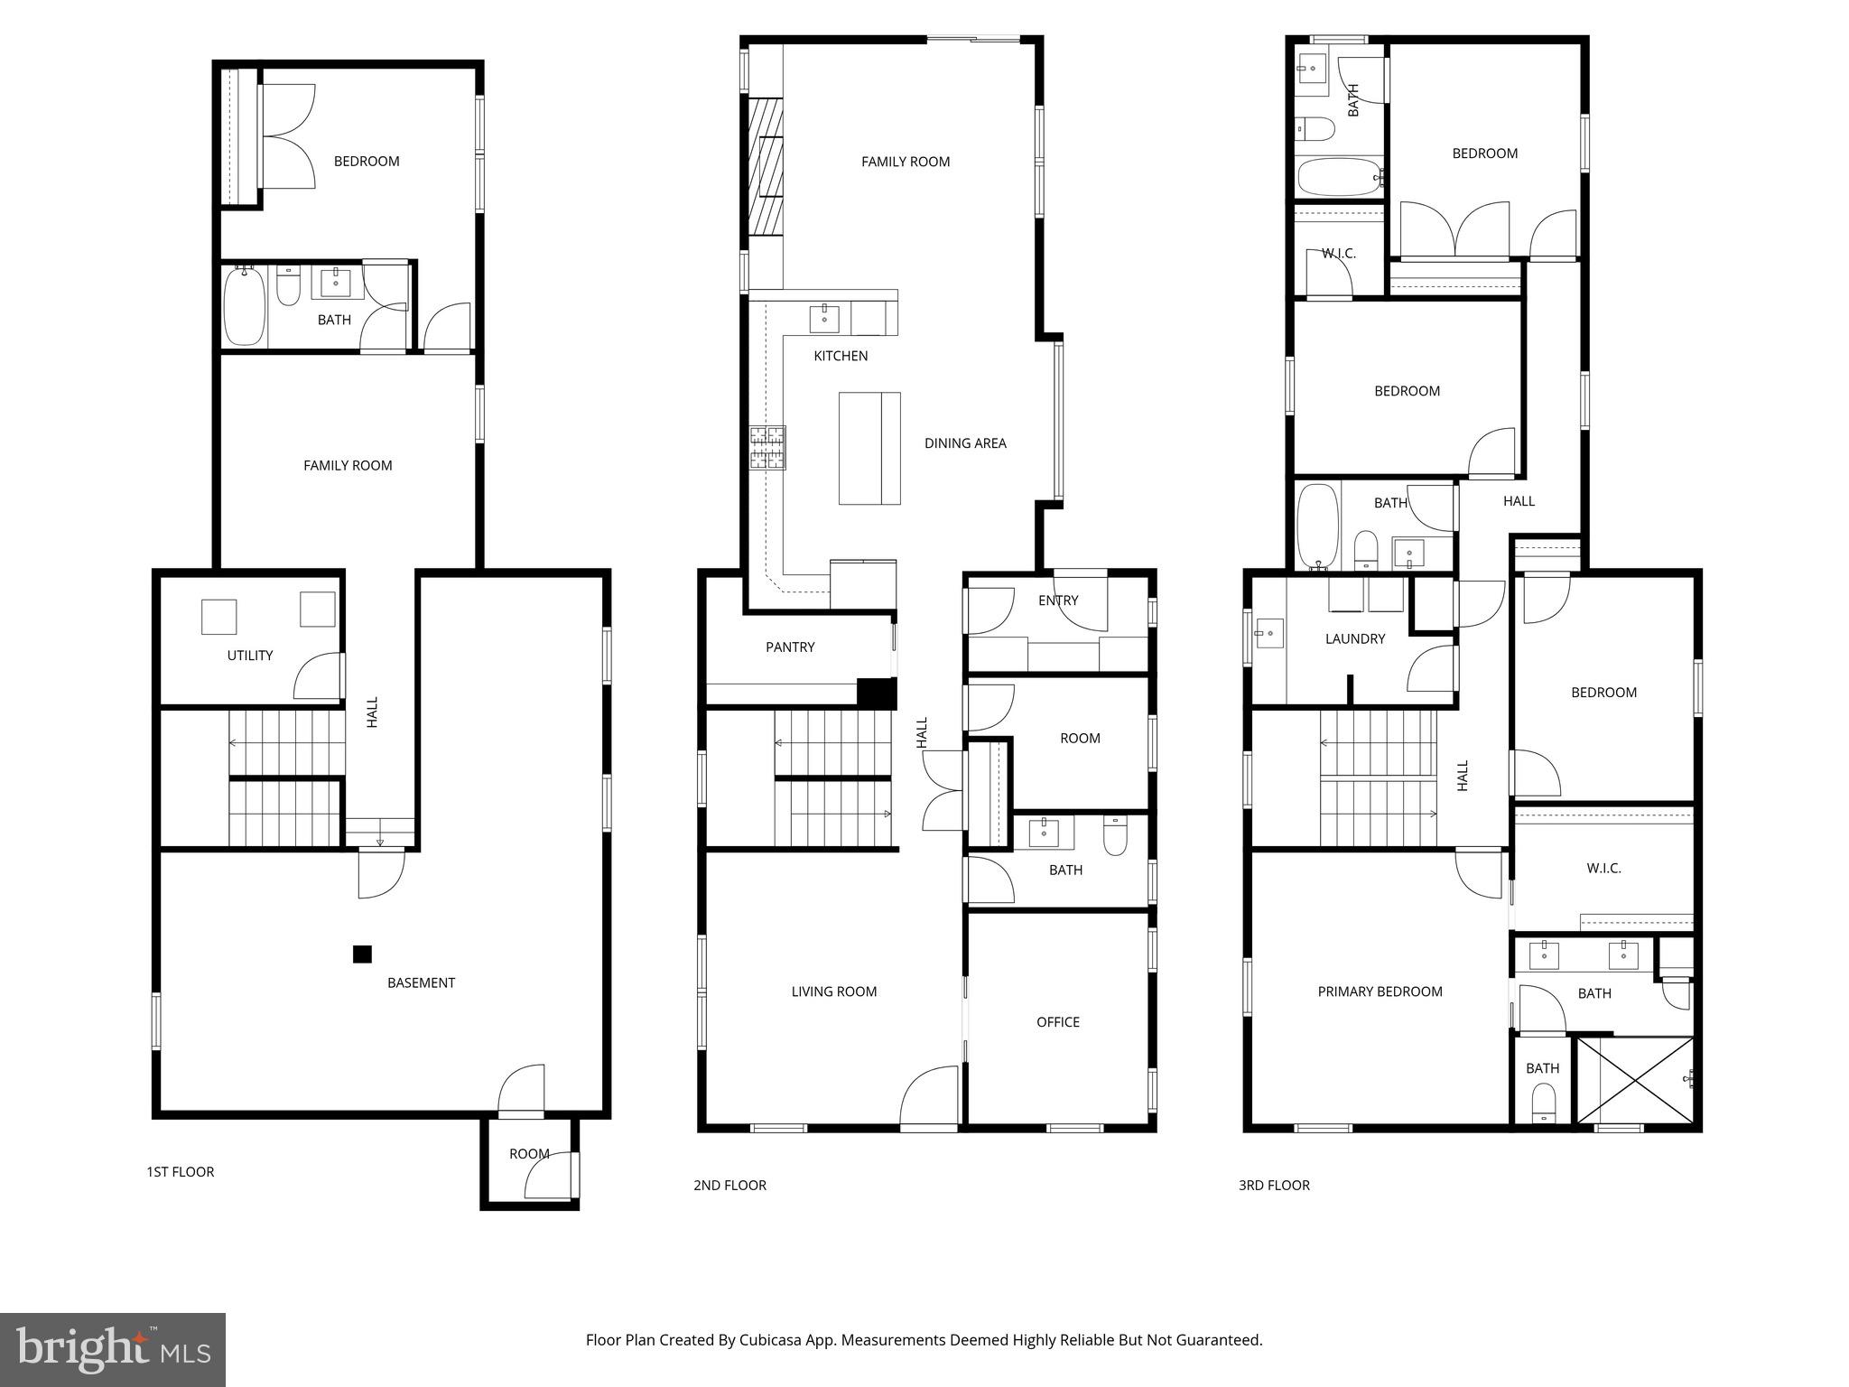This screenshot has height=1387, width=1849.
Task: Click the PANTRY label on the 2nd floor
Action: pyautogui.click(x=790, y=647)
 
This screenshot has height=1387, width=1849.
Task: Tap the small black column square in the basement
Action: pyautogui.click(x=362, y=954)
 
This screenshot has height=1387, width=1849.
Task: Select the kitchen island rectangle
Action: pyautogui.click(x=869, y=448)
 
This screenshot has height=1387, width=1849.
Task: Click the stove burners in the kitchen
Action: pyautogui.click(x=767, y=448)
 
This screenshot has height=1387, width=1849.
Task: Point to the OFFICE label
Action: pyautogui.click(x=1057, y=1022)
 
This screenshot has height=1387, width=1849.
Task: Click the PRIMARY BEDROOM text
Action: pyautogui.click(x=1380, y=991)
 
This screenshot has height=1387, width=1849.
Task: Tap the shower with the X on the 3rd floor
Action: pyautogui.click(x=1633, y=1080)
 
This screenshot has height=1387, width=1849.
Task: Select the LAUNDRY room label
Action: pyautogui.click(x=1354, y=638)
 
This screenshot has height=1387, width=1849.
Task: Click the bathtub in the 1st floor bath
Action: pyautogui.click(x=244, y=305)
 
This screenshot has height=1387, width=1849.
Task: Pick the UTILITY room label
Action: pyautogui.click(x=250, y=656)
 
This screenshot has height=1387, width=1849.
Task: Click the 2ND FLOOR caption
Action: pyautogui.click(x=729, y=1185)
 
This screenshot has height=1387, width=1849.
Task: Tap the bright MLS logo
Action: pyautogui.click(x=113, y=1349)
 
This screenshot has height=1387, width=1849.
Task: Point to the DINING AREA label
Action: pyautogui.click(x=965, y=443)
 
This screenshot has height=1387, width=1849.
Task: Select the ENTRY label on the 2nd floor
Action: pyautogui.click(x=1058, y=600)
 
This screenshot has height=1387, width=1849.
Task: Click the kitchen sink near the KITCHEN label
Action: pyautogui.click(x=824, y=319)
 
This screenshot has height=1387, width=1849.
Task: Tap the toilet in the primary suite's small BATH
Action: pyautogui.click(x=1543, y=1103)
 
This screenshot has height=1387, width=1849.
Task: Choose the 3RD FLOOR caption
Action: pyautogui.click(x=1274, y=1185)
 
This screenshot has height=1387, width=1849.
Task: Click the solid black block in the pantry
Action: pyautogui.click(x=876, y=693)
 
